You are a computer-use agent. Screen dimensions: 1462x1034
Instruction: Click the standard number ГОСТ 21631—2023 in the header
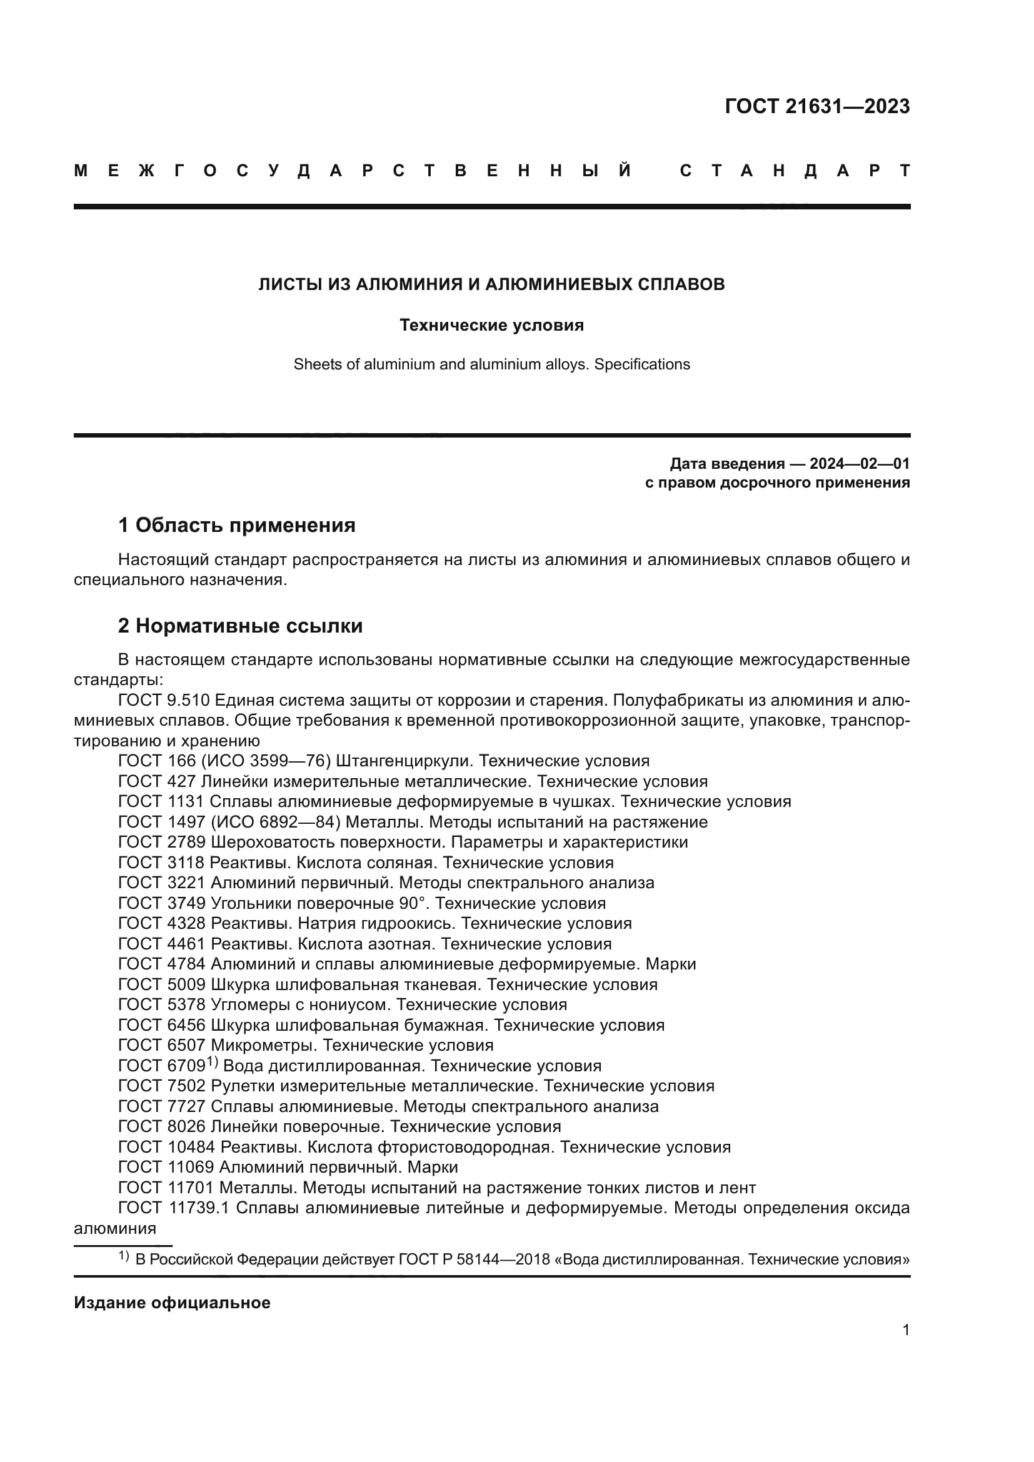[817, 106]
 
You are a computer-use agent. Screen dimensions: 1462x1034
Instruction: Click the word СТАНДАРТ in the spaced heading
[795, 171]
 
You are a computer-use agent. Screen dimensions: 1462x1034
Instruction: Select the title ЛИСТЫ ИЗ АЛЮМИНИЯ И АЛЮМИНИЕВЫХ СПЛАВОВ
[491, 284]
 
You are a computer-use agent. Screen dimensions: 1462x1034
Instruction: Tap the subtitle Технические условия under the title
[491, 326]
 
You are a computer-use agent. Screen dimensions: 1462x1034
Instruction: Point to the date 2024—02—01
[860, 464]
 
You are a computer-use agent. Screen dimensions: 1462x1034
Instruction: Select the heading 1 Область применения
[237, 525]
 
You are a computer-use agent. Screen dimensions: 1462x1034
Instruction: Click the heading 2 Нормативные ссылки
[241, 626]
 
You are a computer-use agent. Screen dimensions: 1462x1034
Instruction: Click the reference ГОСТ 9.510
[164, 701]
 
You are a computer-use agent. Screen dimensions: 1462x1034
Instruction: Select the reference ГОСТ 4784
[162, 964]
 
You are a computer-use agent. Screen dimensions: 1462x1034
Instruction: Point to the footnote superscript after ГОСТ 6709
[212, 1062]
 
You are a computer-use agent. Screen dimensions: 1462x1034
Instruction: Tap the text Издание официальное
[172, 1303]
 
